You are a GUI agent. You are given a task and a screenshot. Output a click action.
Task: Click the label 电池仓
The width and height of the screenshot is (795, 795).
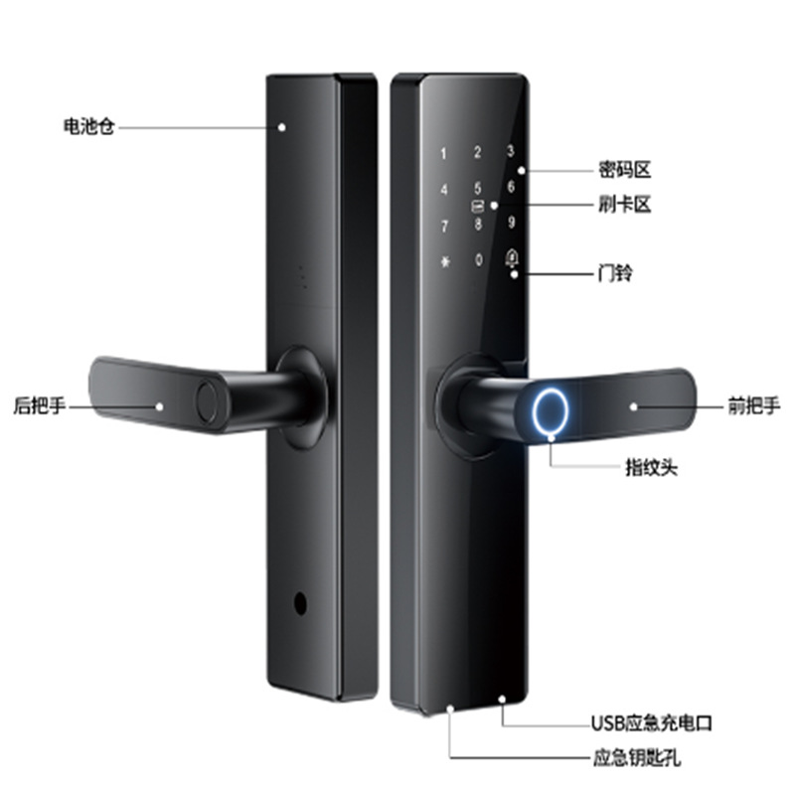[88, 127]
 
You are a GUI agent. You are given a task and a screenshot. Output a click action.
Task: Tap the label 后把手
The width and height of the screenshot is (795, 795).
[38, 405]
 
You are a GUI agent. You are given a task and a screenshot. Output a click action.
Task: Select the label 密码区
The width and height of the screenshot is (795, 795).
[624, 170]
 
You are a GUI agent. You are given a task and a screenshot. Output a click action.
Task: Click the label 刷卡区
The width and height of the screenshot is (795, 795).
[624, 205]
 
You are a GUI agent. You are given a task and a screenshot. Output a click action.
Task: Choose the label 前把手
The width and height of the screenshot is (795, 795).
[754, 405]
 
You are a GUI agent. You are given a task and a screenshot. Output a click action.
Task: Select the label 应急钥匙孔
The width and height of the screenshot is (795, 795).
[636, 759]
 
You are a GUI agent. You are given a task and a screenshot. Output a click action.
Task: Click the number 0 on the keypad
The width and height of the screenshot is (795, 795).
[479, 260]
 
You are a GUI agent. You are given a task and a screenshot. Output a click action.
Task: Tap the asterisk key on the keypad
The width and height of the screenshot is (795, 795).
[444, 261]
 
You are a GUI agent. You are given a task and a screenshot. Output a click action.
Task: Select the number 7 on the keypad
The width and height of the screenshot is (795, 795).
[444, 226]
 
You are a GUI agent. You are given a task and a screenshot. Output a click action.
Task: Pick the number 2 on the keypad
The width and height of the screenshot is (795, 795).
[478, 153]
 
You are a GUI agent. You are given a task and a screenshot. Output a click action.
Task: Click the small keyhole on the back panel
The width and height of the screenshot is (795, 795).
[298, 604]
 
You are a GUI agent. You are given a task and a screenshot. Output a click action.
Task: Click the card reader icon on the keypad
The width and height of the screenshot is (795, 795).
[478, 206]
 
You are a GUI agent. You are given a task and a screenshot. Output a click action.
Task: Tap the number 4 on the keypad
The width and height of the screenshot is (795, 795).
[444, 190]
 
